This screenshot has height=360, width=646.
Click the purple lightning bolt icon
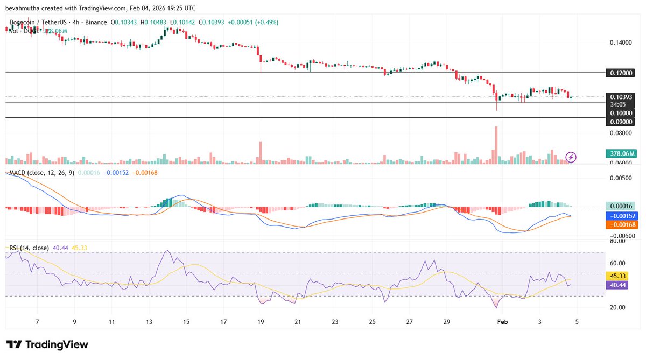click(571, 157)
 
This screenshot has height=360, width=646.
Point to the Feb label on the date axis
click(502, 322)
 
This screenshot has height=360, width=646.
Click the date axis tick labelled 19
click(261, 322)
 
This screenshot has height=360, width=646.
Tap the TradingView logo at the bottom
click(47, 344)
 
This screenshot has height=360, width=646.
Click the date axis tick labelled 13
click(149, 322)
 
